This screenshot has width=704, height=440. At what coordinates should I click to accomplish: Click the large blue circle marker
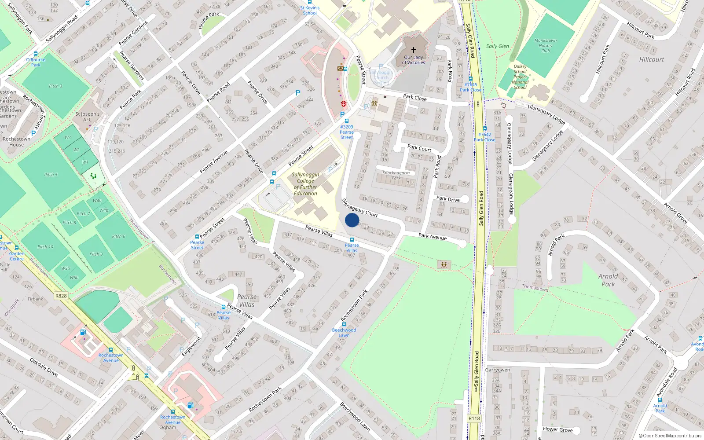[352, 220]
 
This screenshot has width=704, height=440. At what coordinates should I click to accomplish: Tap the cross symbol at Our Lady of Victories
[413, 50]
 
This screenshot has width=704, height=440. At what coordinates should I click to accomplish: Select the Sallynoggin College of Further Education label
[305, 184]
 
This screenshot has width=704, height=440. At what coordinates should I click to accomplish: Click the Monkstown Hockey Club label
[546, 45]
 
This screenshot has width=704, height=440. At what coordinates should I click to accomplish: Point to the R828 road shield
[61, 296]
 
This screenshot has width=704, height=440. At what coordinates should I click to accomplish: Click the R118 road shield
[474, 418]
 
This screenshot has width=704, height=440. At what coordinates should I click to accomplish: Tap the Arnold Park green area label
[608, 280]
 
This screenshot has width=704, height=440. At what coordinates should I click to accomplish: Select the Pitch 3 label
[55, 86]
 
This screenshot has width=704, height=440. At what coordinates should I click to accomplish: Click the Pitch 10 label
[45, 247]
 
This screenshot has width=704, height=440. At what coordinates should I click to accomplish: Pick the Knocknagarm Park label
[396, 175]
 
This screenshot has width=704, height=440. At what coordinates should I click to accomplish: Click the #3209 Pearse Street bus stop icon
[347, 121]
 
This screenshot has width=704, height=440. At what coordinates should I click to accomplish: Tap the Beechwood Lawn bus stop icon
[344, 324]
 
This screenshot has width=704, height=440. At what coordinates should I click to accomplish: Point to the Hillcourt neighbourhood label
[652, 59]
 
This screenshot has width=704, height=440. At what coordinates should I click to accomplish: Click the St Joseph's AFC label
[88, 117]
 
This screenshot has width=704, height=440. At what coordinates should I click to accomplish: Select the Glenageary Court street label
[360, 208]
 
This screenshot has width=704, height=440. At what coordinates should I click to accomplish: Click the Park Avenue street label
[433, 237]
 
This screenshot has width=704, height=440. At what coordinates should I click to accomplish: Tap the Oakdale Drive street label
[44, 367]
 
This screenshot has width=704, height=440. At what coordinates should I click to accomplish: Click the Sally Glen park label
[498, 46]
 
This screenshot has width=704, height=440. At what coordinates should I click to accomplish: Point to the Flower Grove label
[558, 429]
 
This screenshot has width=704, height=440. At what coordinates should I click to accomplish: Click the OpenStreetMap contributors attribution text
[670, 436]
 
